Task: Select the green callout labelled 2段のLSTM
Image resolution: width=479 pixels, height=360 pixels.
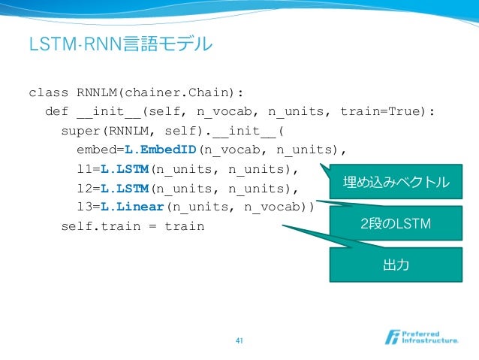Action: click(396, 223)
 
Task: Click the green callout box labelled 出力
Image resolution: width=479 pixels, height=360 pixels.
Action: click(396, 264)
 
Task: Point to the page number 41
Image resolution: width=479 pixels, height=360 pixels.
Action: click(239, 342)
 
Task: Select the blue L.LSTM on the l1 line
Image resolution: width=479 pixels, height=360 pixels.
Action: click(124, 167)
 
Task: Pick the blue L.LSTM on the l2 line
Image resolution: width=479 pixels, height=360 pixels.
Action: click(124, 186)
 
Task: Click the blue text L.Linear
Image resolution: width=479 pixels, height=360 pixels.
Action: click(132, 206)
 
